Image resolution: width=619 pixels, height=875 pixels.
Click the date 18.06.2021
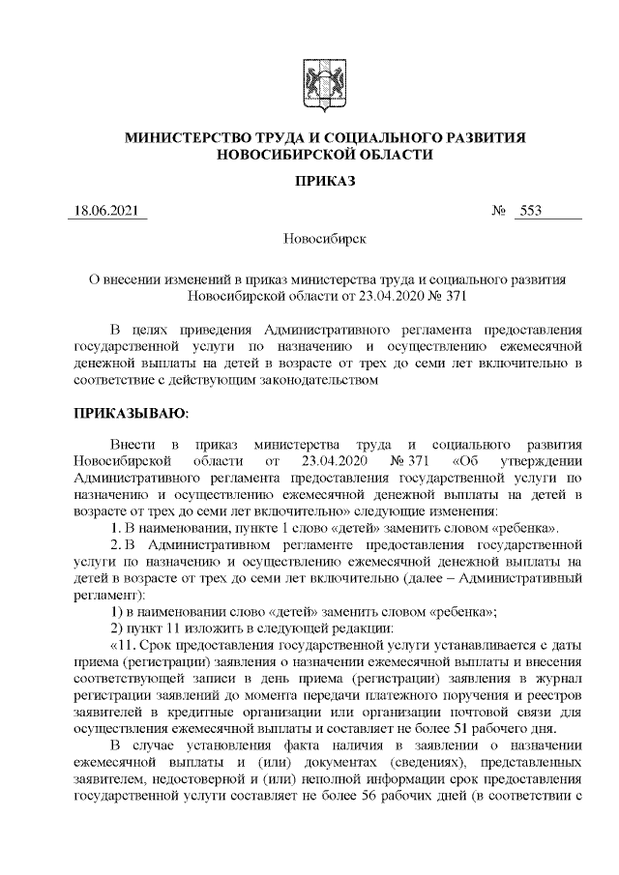pyautogui.click(x=106, y=211)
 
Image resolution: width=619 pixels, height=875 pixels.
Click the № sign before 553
pyautogui.click(x=500, y=211)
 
